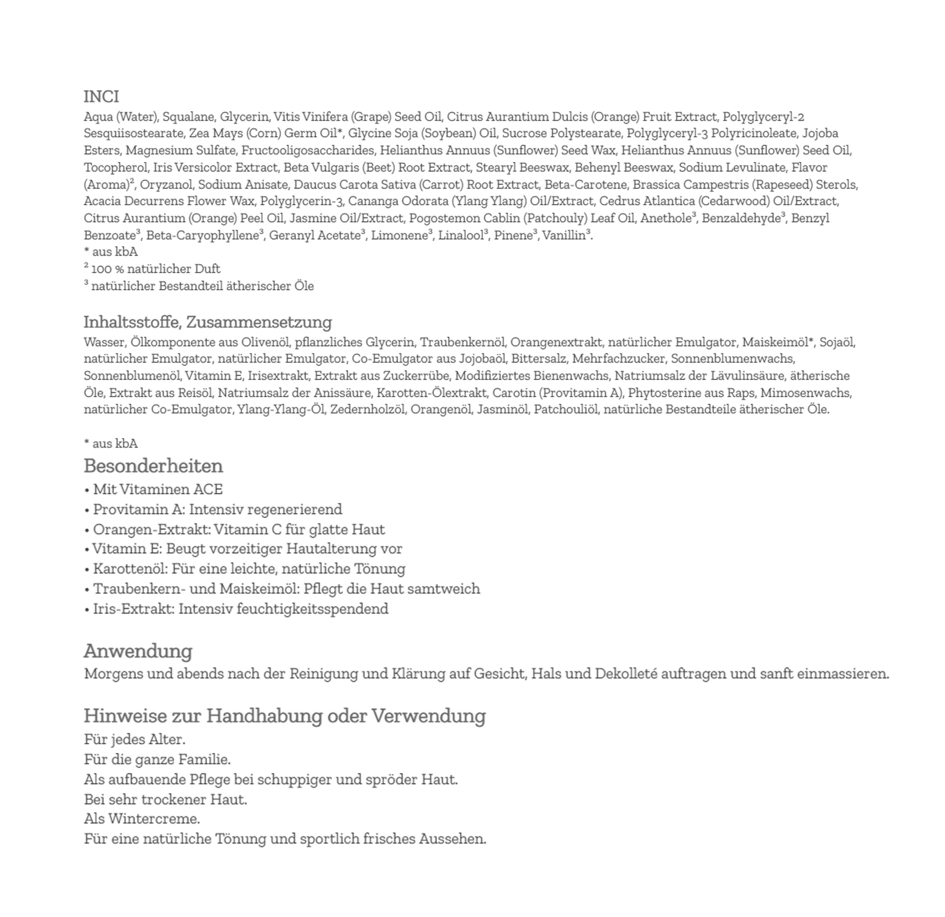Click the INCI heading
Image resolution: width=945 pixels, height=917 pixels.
pyautogui.click(x=101, y=96)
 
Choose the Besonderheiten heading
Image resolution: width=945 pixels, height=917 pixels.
pyautogui.click(x=153, y=466)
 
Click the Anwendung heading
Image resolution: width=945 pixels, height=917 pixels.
pyautogui.click(x=138, y=651)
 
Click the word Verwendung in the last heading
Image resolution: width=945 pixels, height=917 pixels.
pyautogui.click(x=428, y=716)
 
